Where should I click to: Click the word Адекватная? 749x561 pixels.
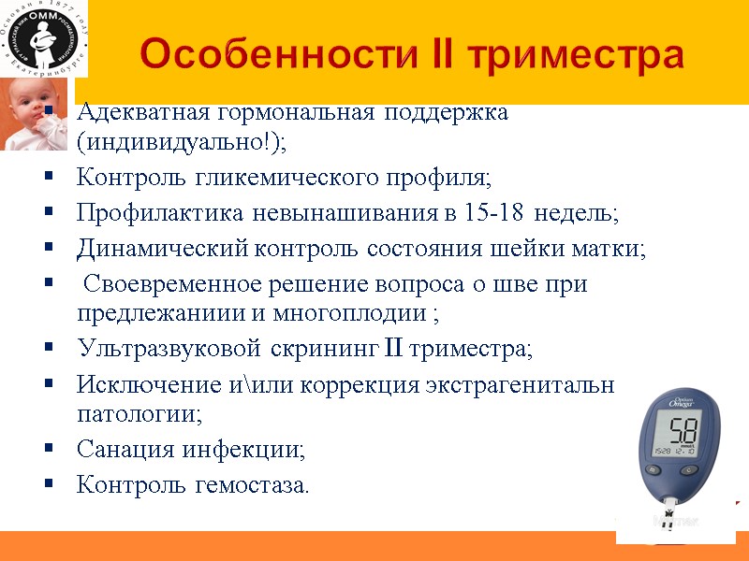point(143,113)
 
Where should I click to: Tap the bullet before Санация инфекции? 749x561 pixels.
point(49,450)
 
